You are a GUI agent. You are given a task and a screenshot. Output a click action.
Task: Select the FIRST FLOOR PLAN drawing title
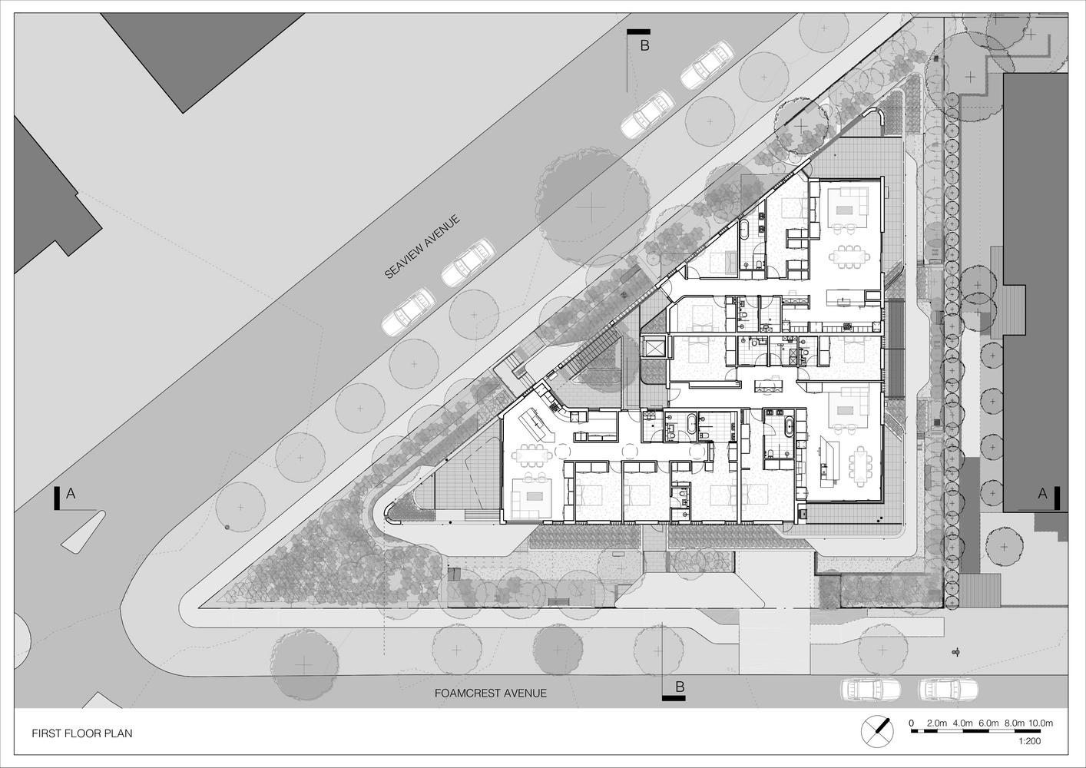coord(82,733)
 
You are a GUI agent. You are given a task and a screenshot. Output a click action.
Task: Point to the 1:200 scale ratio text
coord(1029,742)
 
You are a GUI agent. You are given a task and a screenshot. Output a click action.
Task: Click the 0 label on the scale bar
coord(911,723)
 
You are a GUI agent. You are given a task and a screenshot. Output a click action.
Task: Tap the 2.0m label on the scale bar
coord(937,723)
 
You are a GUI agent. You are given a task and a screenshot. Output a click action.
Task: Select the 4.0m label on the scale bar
coord(963,723)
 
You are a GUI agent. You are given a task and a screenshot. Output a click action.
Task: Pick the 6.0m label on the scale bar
coord(988,723)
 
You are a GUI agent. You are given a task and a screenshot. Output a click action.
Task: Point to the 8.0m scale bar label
coord(1014,723)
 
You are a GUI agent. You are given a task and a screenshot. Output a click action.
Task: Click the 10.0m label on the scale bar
coord(1041,723)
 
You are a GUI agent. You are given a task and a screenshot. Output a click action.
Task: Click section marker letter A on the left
coord(71,495)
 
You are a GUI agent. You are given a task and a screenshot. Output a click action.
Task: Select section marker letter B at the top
coord(645,45)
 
